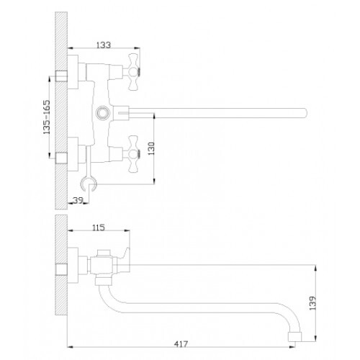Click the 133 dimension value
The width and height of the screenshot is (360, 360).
(104, 45)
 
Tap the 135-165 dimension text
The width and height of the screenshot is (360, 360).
(47, 117)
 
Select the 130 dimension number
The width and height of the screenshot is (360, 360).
(151, 148)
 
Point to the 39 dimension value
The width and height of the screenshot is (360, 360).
(78, 200)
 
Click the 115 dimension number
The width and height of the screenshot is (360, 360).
(99, 228)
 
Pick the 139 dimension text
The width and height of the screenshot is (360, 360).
(312, 303)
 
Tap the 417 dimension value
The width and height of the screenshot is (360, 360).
(181, 344)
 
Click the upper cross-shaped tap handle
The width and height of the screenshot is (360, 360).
(133, 72)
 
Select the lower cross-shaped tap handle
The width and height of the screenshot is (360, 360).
(133, 154)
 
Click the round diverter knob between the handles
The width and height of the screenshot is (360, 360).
(103, 112)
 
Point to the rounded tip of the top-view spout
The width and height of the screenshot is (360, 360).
(305, 113)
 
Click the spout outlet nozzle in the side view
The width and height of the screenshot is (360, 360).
(294, 336)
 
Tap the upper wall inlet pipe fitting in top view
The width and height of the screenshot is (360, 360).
(61, 76)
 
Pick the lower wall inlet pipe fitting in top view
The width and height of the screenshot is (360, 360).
(61, 158)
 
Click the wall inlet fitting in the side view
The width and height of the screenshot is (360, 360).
(61, 269)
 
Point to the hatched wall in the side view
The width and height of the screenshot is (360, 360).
(61, 265)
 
